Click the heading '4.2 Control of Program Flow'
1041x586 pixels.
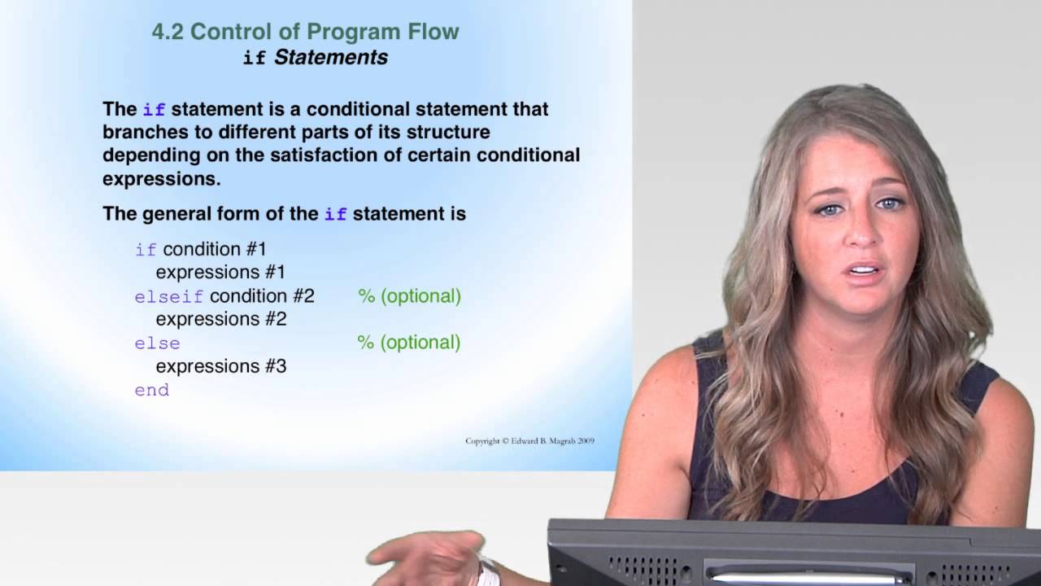[305, 33]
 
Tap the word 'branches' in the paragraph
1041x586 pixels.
[141, 132]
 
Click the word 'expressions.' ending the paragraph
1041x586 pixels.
[162, 179]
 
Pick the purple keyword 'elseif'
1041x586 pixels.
[169, 297]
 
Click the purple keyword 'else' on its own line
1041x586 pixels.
[157, 343]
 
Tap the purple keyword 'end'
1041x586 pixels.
[152, 391]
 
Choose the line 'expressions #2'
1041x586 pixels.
[221, 320]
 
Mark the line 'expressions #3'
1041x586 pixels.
[221, 367]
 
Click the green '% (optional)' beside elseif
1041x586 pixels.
[409, 296]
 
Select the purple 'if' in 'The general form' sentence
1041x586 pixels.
[335, 215]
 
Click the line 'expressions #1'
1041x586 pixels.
[221, 273]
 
